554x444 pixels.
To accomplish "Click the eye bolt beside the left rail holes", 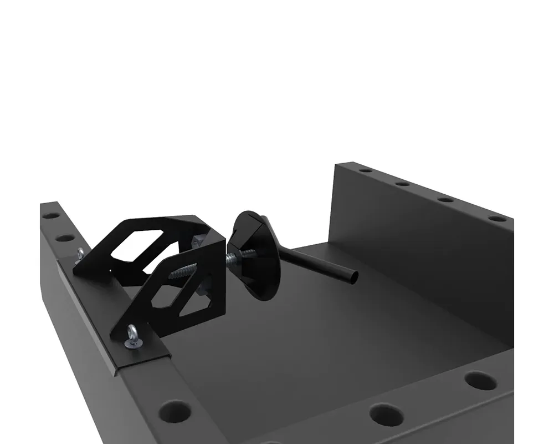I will point(80,255).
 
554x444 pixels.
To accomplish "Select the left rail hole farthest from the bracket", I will point(50,215).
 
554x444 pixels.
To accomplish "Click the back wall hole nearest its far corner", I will point(365,170).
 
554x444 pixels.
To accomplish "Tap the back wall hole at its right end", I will point(497,218).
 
